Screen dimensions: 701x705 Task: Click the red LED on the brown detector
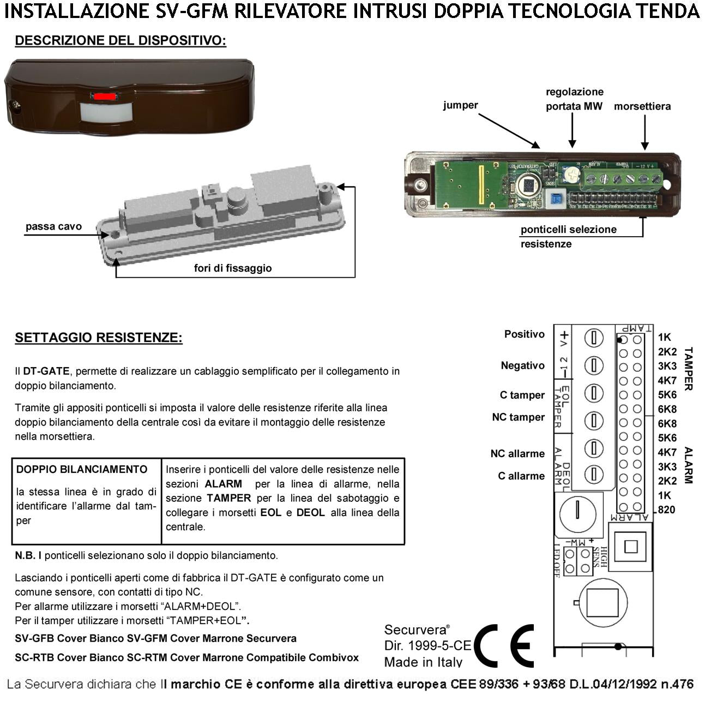[x=104, y=97]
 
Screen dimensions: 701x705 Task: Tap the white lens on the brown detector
[x=106, y=112]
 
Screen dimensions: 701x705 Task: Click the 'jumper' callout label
[x=460, y=105]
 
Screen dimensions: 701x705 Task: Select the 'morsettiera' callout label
[x=642, y=106]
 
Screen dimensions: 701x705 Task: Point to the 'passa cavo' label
[x=53, y=226]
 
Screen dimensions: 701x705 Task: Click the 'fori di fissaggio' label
[x=232, y=268]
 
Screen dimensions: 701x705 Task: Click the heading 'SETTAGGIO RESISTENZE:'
[x=98, y=338]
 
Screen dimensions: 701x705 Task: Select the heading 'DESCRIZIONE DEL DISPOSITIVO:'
[x=120, y=40]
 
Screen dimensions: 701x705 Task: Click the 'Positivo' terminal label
[x=524, y=334]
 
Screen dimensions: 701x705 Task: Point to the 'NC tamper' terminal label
[x=518, y=417]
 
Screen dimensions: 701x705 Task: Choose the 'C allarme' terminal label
[x=521, y=476]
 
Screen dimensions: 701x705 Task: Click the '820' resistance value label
[x=666, y=510]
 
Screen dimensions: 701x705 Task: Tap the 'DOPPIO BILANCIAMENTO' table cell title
[x=82, y=469]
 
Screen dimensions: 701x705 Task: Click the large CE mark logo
[x=504, y=646]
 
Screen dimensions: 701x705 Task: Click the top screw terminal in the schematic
[x=593, y=338]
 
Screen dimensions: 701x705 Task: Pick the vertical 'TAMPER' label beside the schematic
[x=688, y=369]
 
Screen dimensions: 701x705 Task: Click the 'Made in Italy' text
[x=423, y=662]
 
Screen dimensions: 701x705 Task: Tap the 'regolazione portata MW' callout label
[x=574, y=99]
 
